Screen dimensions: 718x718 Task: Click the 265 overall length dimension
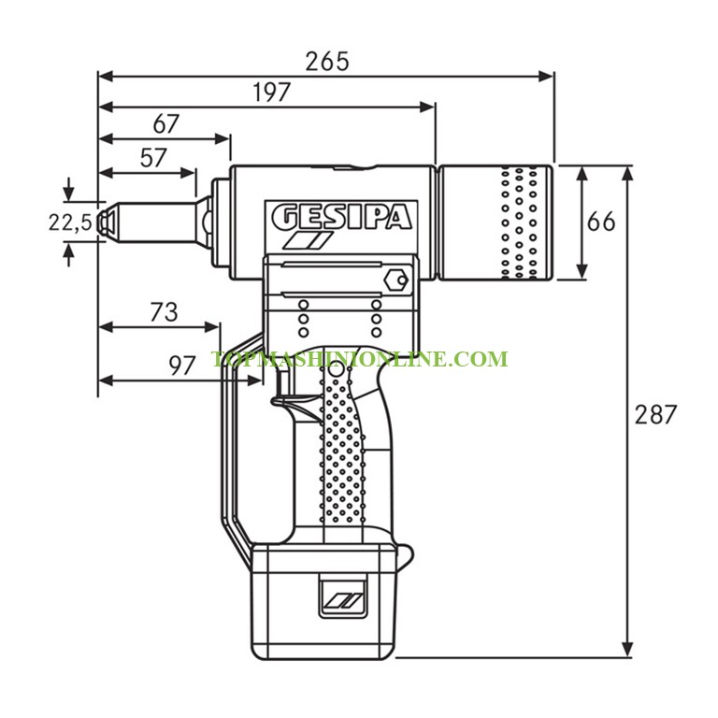(327, 62)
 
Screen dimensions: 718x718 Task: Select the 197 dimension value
(272, 93)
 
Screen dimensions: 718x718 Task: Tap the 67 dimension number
(166, 123)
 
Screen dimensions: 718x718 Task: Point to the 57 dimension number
(153, 158)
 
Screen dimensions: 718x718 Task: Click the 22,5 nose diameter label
(70, 223)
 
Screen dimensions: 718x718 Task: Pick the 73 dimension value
(164, 312)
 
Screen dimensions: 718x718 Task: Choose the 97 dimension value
(181, 366)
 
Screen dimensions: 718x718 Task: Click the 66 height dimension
(602, 223)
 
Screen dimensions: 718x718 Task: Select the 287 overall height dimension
(655, 414)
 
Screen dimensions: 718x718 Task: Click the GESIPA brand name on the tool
(341, 217)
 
